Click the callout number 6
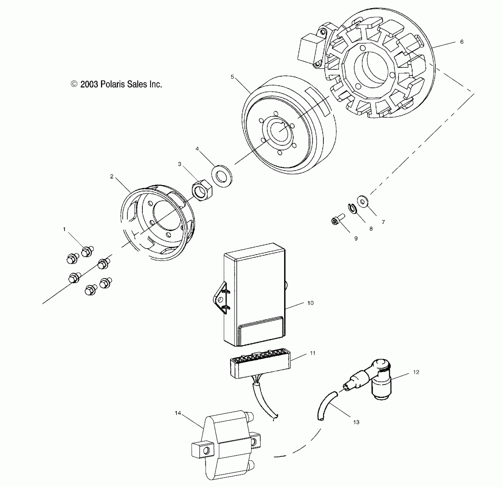pyautogui.click(x=462, y=42)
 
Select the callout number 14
pyautogui.click(x=178, y=413)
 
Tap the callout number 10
pyautogui.click(x=310, y=303)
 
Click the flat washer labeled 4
pyautogui.click(x=221, y=176)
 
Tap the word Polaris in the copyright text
pyautogui.click(x=112, y=84)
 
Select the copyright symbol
pyautogui.click(x=74, y=84)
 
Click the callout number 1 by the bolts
pyautogui.click(x=64, y=229)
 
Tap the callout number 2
pyautogui.click(x=112, y=176)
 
